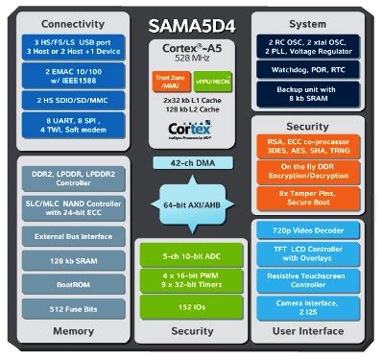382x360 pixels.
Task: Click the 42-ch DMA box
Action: [191, 163]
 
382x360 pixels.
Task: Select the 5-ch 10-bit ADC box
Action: [191, 256]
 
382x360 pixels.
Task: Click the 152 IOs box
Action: [191, 307]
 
